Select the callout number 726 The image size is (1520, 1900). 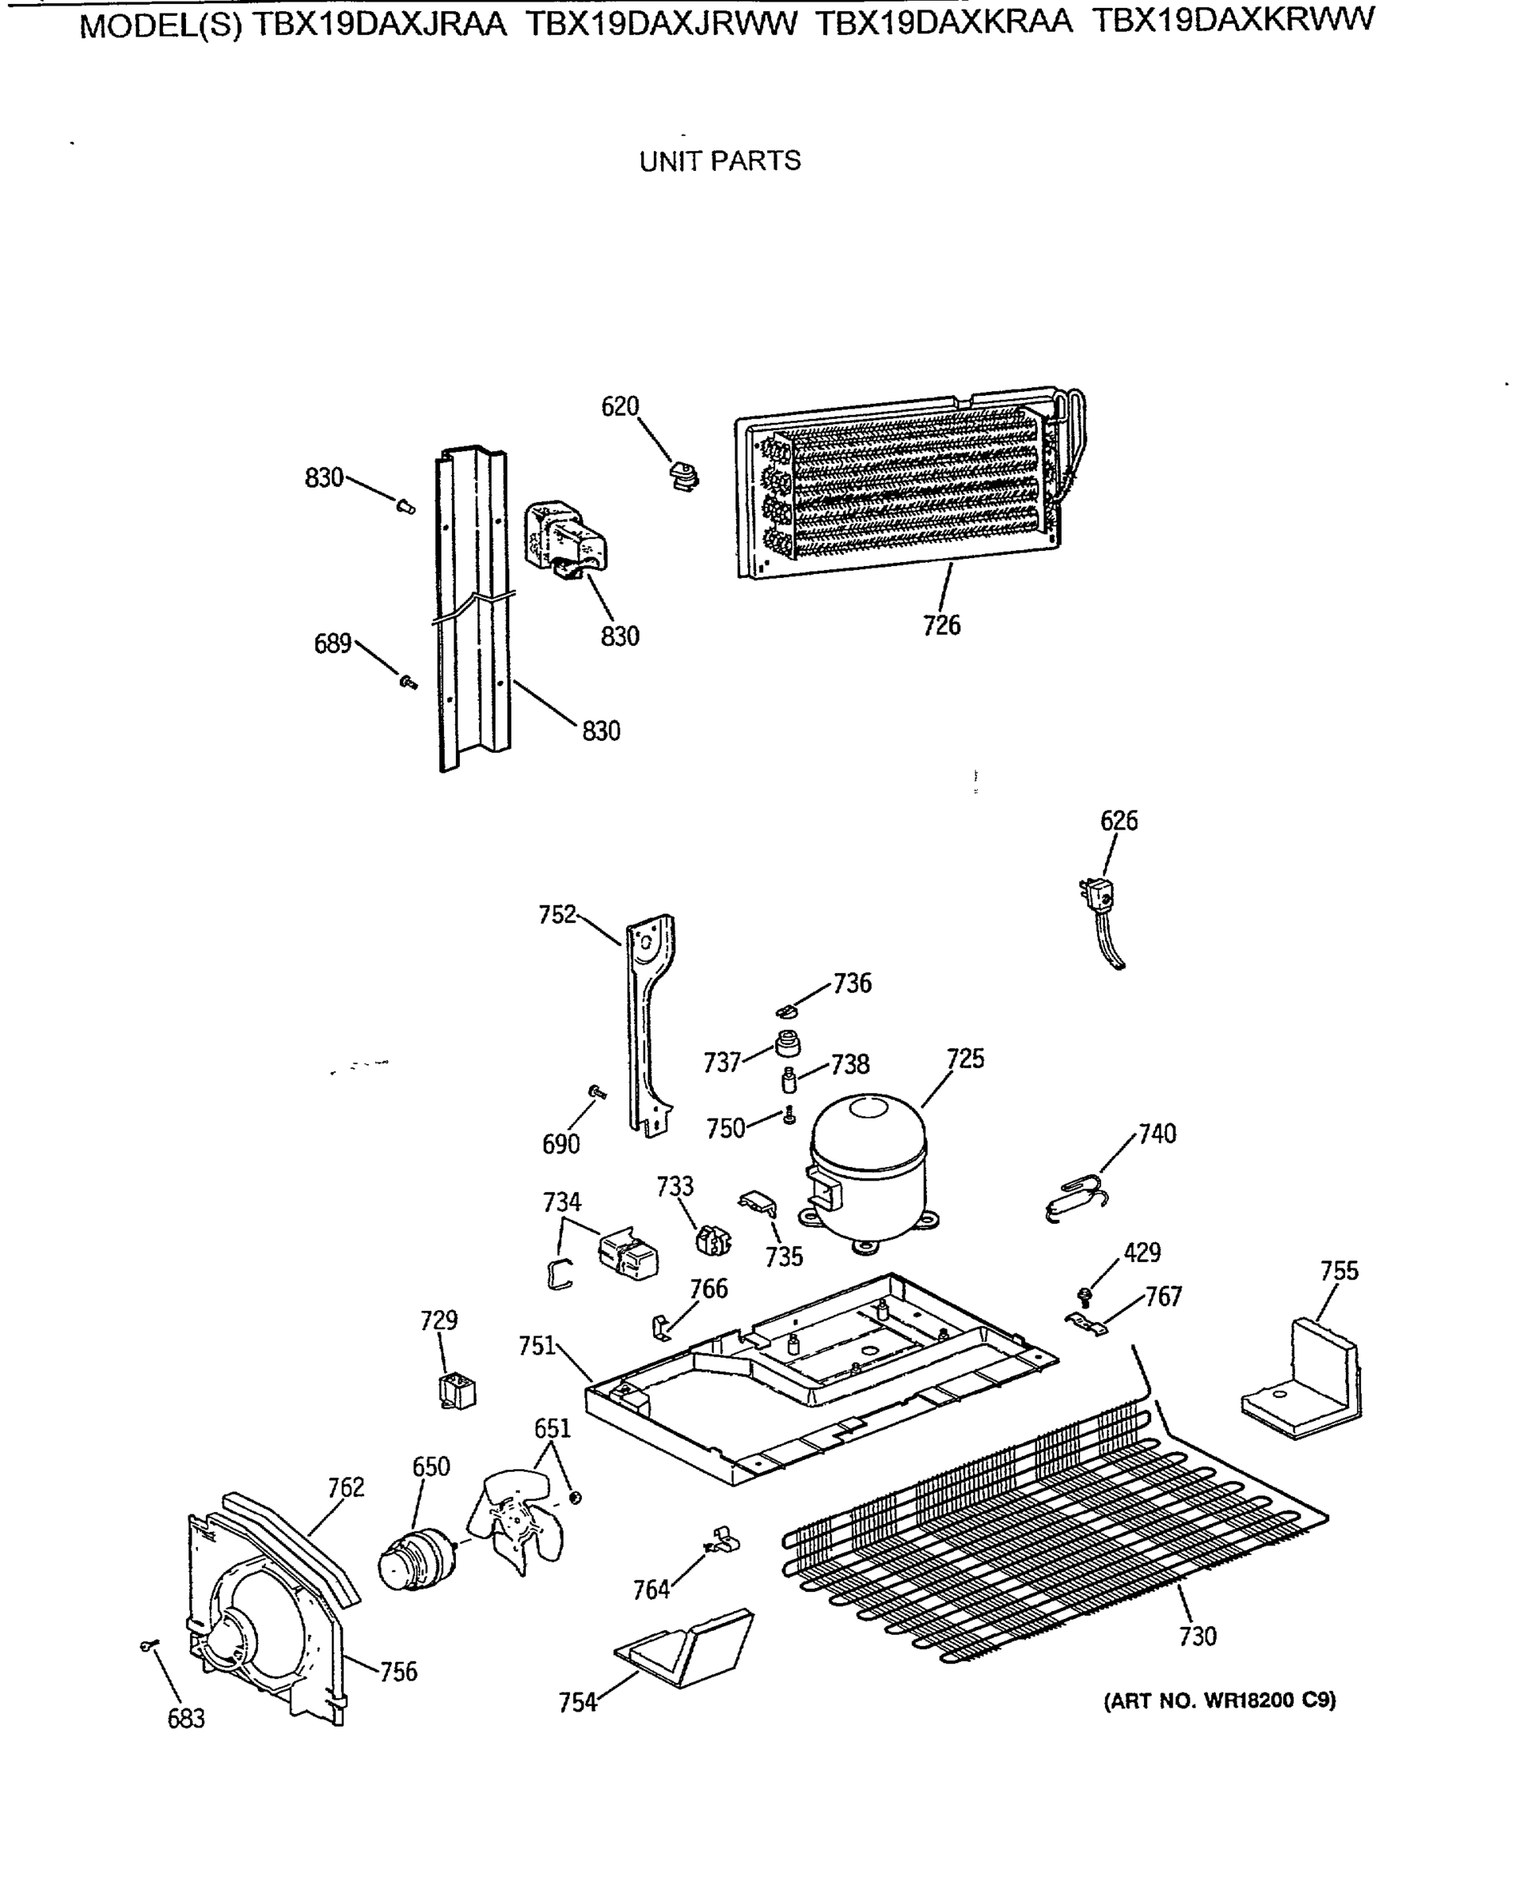(941, 625)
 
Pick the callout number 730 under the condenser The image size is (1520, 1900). (1198, 1636)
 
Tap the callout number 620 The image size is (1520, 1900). (619, 407)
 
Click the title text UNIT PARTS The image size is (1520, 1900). (720, 161)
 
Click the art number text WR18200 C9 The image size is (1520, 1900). (1269, 1700)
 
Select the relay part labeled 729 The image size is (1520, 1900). (458, 1393)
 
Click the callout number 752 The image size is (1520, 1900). (557, 914)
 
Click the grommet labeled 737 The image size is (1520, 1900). (788, 1045)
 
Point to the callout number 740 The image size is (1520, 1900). (1157, 1134)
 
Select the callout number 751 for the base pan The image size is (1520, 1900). (537, 1346)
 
